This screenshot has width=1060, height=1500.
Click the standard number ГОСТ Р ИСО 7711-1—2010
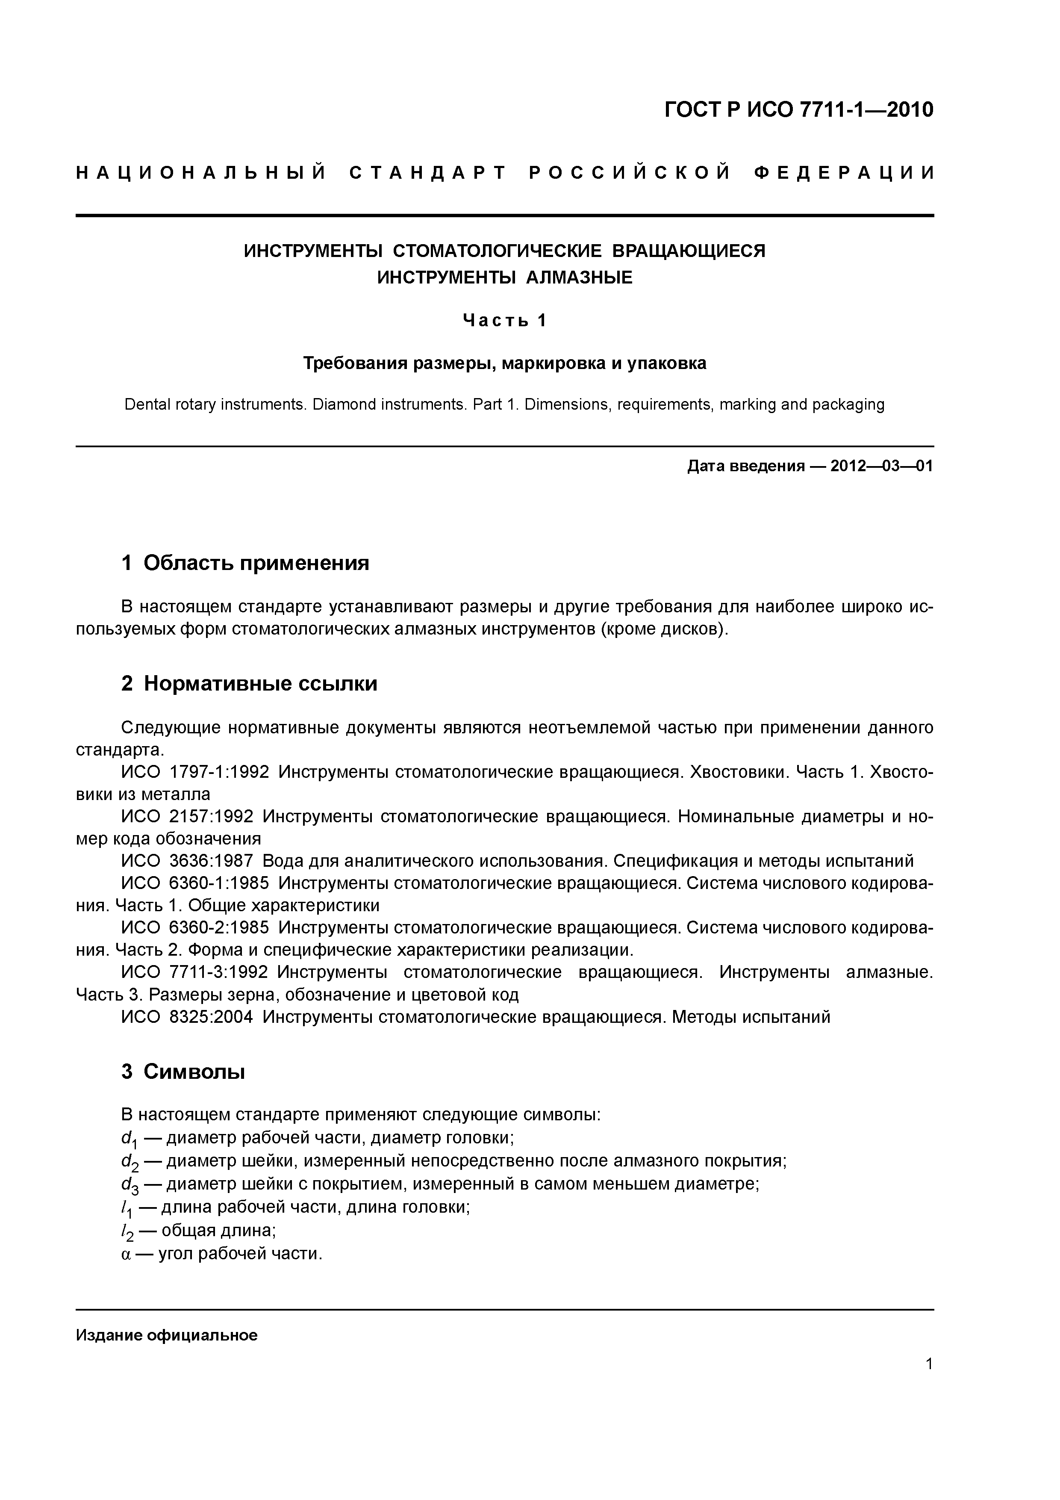pos(798,110)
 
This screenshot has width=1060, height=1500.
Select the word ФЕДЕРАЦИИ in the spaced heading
pos(844,173)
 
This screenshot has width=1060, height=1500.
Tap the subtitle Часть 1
pos(504,321)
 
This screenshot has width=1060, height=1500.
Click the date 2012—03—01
pos(882,467)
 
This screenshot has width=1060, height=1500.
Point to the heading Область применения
pos(256,563)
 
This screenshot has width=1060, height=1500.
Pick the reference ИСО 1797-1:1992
pos(194,772)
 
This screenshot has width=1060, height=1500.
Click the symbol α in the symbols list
pos(126,1255)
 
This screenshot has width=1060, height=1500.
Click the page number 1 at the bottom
pos(929,1382)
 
